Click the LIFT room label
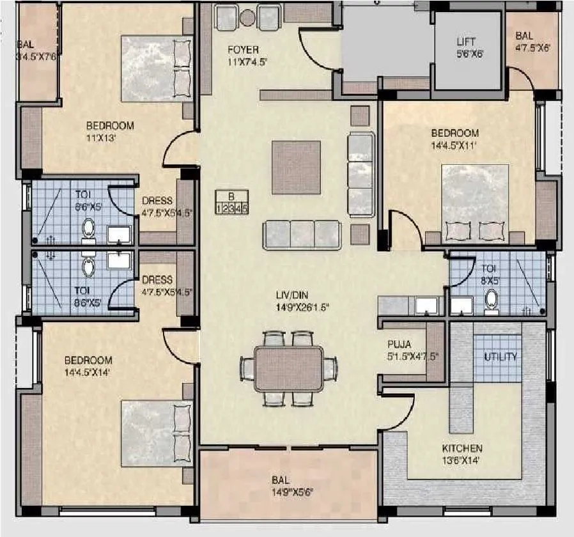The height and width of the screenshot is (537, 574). [x=466, y=42]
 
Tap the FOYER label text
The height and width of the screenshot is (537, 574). [x=244, y=50]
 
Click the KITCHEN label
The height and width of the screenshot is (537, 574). [x=462, y=448]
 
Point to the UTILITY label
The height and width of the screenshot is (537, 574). [x=500, y=357]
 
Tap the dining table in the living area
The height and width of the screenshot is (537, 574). [x=288, y=368]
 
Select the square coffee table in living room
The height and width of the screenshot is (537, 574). [x=296, y=167]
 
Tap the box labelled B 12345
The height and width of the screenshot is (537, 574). [x=232, y=201]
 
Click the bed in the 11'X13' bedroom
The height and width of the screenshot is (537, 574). [x=156, y=69]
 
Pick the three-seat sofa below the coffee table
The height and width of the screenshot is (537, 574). [x=301, y=235]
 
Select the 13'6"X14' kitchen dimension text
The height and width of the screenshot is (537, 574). [x=462, y=460]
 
